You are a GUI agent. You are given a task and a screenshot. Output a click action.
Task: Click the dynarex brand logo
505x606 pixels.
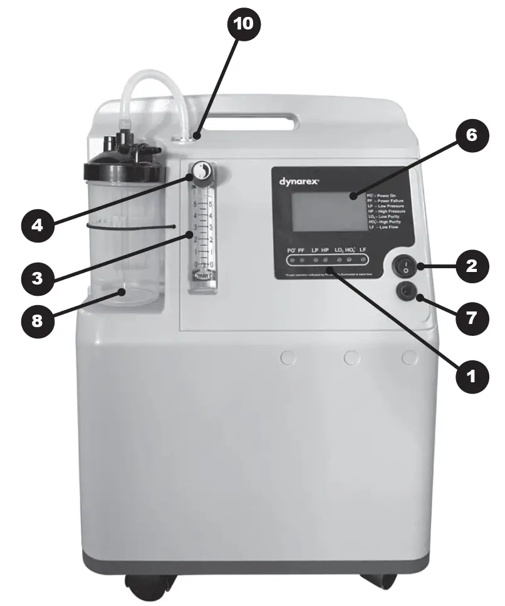coord(299,181)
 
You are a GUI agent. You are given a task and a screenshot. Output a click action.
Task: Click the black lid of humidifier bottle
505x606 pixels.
coord(125,167)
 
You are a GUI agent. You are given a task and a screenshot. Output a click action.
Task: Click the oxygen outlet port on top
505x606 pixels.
coord(189,136)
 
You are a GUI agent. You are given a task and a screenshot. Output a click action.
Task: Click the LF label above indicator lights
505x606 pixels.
coord(363,249)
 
